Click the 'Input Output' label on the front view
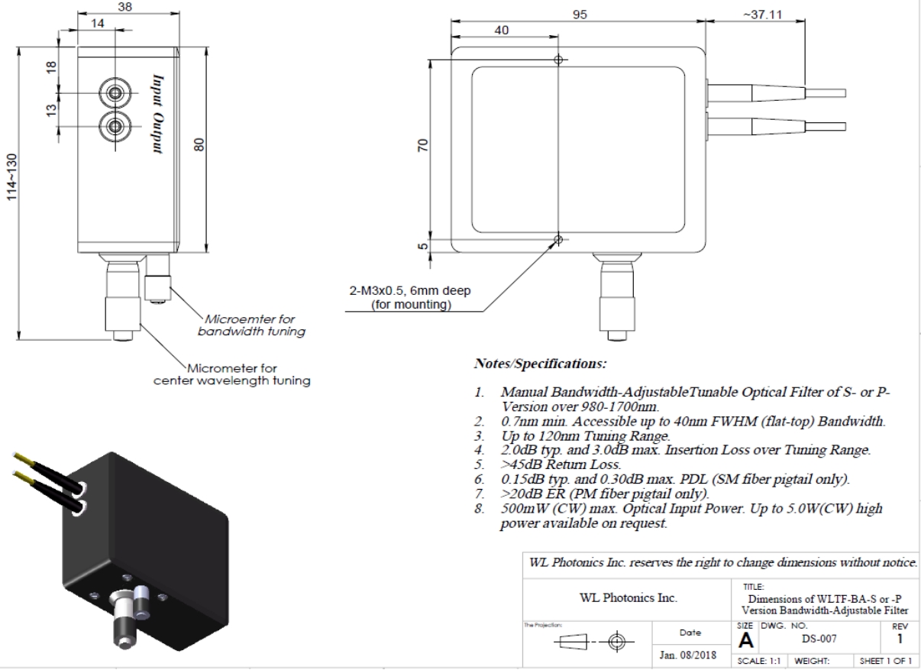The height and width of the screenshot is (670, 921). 158,114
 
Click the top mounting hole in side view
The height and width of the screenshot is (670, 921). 559,60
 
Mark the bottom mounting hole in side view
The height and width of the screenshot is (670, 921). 559,240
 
